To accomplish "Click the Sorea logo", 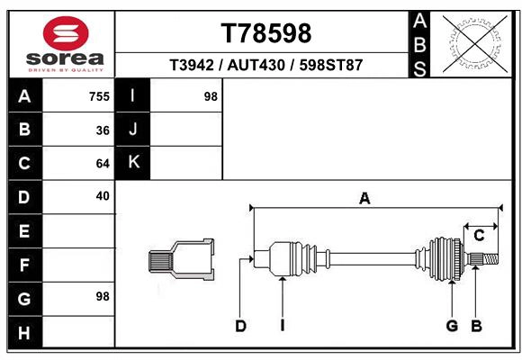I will pos(65,43).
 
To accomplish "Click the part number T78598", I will pos(266,32).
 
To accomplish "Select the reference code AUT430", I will pos(266,66).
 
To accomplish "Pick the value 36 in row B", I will pos(103,130).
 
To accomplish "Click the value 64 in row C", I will pos(103,164).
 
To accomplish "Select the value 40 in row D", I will pos(103,195).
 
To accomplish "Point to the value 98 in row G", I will pos(102,296).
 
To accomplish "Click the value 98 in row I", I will pos(211,96).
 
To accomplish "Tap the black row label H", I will pos(24,332).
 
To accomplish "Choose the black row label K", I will pos(133,163).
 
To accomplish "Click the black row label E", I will pos(24,231).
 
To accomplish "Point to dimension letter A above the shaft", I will pos(364,199).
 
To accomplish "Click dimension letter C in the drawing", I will pos(479,236).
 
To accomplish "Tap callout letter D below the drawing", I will pos(240,326).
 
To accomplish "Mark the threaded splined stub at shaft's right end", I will pos(484,259).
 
